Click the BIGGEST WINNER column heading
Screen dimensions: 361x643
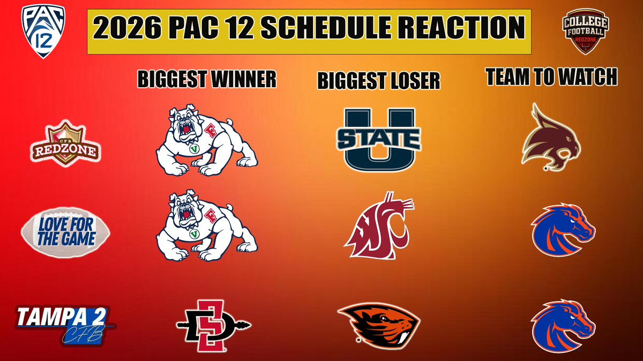tap(207, 79)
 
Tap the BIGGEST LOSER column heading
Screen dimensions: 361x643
tap(378, 81)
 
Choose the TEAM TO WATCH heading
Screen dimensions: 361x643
tap(551, 78)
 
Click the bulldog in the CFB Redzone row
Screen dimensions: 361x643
tap(207, 140)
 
